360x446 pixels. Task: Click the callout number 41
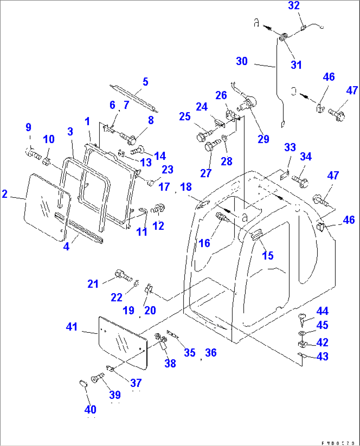(x=72, y=327)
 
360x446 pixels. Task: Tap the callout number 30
(x=242, y=61)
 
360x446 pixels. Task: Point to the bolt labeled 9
(x=33, y=154)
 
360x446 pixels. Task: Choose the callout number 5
(x=145, y=82)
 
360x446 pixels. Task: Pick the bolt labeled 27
(x=211, y=145)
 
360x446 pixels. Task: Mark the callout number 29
(x=263, y=139)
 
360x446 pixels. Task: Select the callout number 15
(x=268, y=255)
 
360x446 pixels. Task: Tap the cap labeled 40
(x=83, y=384)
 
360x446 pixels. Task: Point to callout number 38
(x=170, y=363)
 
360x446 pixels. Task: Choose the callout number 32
(x=294, y=6)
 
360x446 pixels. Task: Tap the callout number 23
(x=167, y=170)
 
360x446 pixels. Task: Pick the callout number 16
(x=204, y=243)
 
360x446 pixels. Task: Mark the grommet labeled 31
(x=283, y=38)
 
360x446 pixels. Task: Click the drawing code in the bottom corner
(x=339, y=443)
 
